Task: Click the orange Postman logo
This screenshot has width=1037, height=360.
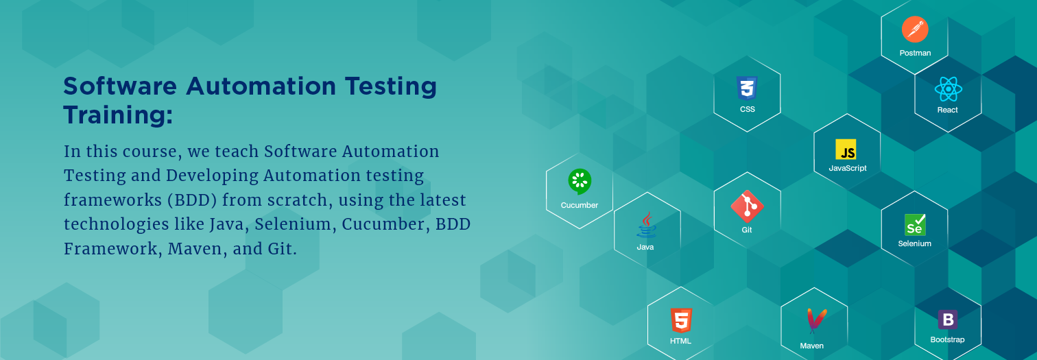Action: (x=914, y=29)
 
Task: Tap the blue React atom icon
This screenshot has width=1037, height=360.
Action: (x=947, y=89)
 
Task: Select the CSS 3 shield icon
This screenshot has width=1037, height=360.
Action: (x=747, y=88)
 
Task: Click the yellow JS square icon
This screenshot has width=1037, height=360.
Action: (x=846, y=150)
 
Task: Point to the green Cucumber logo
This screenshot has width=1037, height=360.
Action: (x=580, y=182)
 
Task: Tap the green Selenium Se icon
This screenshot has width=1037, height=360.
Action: (x=914, y=225)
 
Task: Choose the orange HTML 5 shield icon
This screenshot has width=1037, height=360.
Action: (x=680, y=320)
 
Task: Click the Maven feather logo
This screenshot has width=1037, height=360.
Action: (x=814, y=322)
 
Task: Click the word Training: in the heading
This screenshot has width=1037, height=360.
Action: (x=117, y=115)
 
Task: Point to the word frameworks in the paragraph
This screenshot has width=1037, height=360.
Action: (x=107, y=200)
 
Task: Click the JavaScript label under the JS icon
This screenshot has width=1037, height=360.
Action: (x=848, y=168)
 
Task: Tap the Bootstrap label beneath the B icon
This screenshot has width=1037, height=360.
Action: (x=947, y=339)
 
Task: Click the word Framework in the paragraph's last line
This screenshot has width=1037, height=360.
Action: (x=112, y=248)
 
